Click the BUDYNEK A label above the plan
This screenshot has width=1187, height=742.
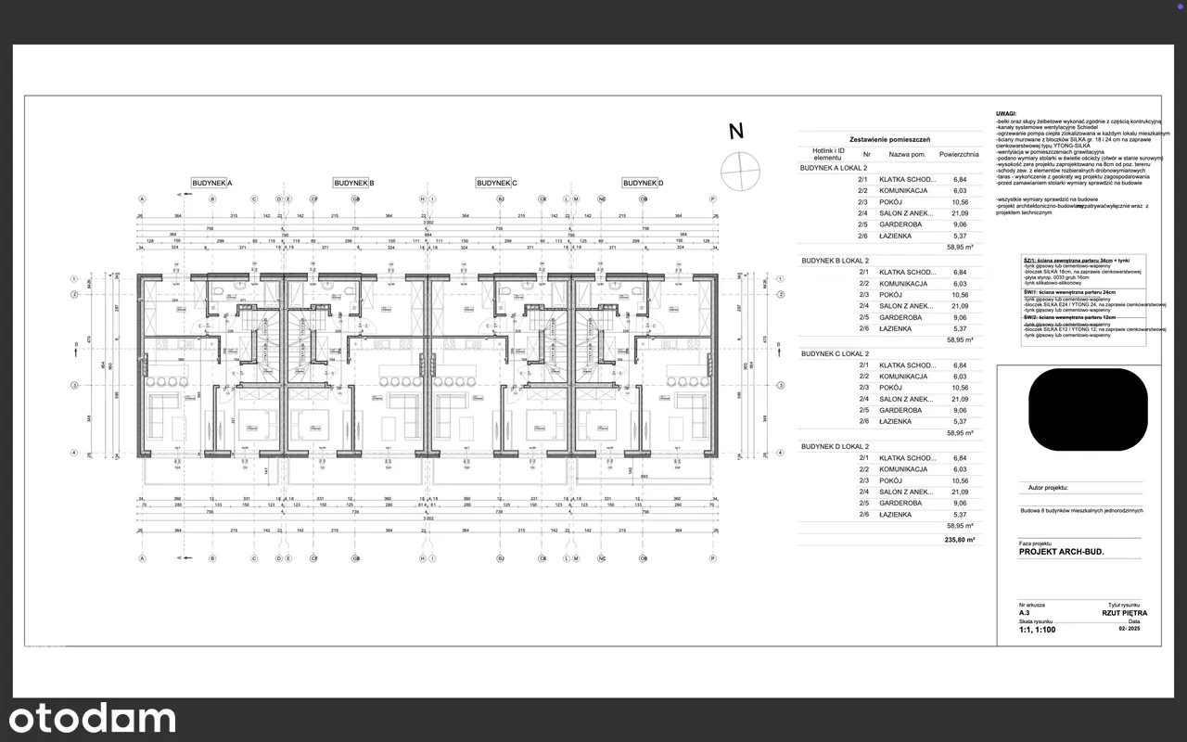(211, 184)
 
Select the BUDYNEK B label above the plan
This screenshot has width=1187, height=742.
(353, 184)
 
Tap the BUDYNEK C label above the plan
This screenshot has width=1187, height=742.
(496, 184)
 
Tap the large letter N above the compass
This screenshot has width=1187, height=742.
(736, 132)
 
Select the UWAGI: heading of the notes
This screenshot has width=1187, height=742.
(1007, 113)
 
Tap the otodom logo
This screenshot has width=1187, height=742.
(92, 718)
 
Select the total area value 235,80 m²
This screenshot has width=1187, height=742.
(960, 539)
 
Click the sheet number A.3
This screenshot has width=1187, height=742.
(1025, 613)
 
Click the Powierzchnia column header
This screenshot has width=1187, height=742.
(959, 155)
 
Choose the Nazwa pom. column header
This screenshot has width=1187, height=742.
(907, 155)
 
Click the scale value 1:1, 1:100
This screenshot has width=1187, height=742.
(1037, 629)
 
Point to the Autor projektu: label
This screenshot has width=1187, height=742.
(1048, 486)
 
